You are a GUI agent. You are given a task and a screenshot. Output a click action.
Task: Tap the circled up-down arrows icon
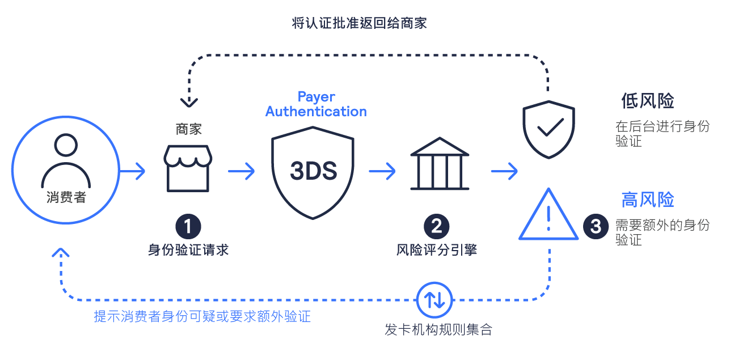click(x=434, y=300)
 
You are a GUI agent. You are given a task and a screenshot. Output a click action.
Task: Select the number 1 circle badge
click(x=188, y=226)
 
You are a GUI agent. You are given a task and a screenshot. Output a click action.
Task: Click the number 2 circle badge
click(x=436, y=226)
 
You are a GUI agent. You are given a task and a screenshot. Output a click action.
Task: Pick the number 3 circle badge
click(x=596, y=226)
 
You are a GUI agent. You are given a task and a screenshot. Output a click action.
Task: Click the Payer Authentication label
click(x=316, y=104)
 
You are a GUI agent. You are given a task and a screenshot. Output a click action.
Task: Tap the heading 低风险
click(x=648, y=101)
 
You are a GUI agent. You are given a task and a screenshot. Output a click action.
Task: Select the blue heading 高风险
click(x=648, y=200)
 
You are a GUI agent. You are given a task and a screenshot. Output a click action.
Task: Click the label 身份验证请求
click(x=188, y=250)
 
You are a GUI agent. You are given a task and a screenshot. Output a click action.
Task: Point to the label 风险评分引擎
click(x=436, y=250)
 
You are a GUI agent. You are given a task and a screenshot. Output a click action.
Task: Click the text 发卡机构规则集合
click(x=438, y=330)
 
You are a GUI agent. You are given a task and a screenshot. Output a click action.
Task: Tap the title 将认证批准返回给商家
click(x=359, y=23)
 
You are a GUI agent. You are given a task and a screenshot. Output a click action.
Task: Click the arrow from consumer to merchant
click(x=132, y=171)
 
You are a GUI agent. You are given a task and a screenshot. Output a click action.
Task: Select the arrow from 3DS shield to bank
click(x=382, y=171)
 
